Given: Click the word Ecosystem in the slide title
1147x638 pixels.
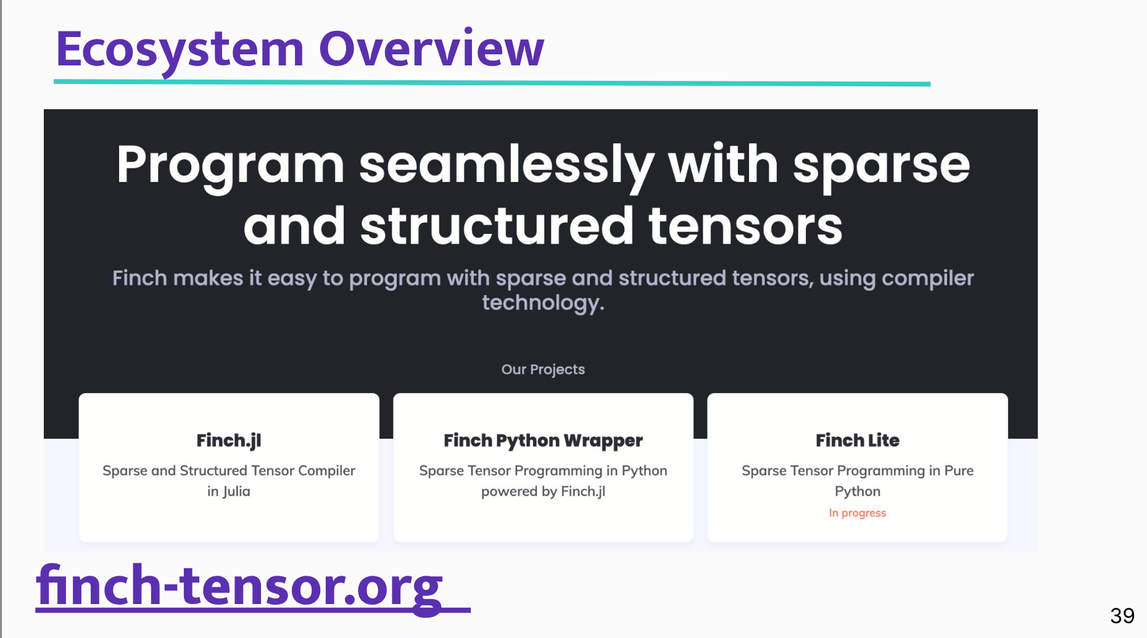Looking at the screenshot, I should (180, 49).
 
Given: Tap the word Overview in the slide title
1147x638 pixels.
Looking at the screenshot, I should (431, 49).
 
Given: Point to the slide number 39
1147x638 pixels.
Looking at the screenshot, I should (1122, 615).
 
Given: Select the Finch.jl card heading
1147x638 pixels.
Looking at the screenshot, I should (229, 441).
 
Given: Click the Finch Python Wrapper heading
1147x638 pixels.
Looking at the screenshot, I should (543, 441).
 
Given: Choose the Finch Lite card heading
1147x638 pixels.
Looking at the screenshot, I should (857, 441).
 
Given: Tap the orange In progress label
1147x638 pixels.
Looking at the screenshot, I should (857, 513).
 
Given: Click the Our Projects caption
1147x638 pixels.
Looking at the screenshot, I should (543, 369).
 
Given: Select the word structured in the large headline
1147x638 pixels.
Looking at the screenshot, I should (497, 226).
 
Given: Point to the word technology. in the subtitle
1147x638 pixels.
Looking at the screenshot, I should (543, 302).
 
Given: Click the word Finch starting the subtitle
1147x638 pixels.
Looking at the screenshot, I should (139, 278).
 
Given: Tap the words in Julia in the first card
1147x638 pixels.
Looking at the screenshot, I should (229, 491).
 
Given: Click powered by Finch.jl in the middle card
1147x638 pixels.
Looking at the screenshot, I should (543, 491).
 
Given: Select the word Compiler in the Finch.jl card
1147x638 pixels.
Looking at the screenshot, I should (326, 471).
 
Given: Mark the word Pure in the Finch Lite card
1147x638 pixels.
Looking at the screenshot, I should (959, 471).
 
